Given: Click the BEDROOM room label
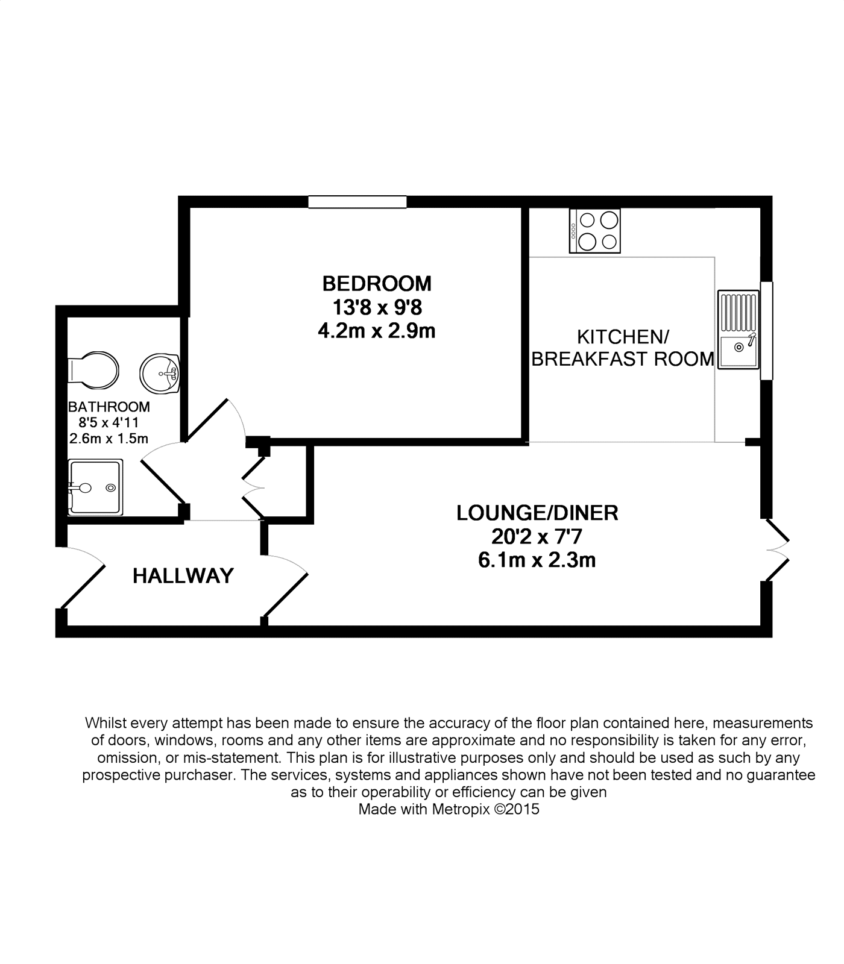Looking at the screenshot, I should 377,283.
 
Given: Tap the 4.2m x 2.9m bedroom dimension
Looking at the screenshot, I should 377,331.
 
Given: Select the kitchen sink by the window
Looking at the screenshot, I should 738,330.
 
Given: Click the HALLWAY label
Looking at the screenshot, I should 183,576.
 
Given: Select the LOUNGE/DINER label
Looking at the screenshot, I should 537,513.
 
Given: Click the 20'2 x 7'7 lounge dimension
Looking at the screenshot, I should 537,536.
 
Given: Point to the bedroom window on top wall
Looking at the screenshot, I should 357,202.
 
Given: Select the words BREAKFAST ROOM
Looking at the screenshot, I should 622,359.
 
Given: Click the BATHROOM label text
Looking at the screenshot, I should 109,407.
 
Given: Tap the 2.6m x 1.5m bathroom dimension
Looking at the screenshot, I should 109,439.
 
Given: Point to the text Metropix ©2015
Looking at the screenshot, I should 485,809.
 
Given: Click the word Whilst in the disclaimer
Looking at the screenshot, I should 104,722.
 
